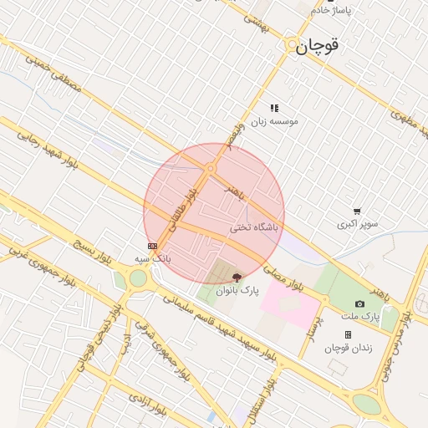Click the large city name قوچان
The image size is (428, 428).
click(317, 47)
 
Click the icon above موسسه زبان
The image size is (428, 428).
click(274, 108)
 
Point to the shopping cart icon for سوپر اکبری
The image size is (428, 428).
click(357, 212)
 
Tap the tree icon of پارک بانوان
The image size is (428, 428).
click(237, 278)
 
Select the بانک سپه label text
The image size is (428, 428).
click(153, 258)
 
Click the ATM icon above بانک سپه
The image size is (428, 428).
click(152, 246)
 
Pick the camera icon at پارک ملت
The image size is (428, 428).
click(359, 304)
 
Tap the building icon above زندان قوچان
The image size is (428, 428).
click(348, 334)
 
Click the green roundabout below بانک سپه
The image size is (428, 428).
click(139, 278)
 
